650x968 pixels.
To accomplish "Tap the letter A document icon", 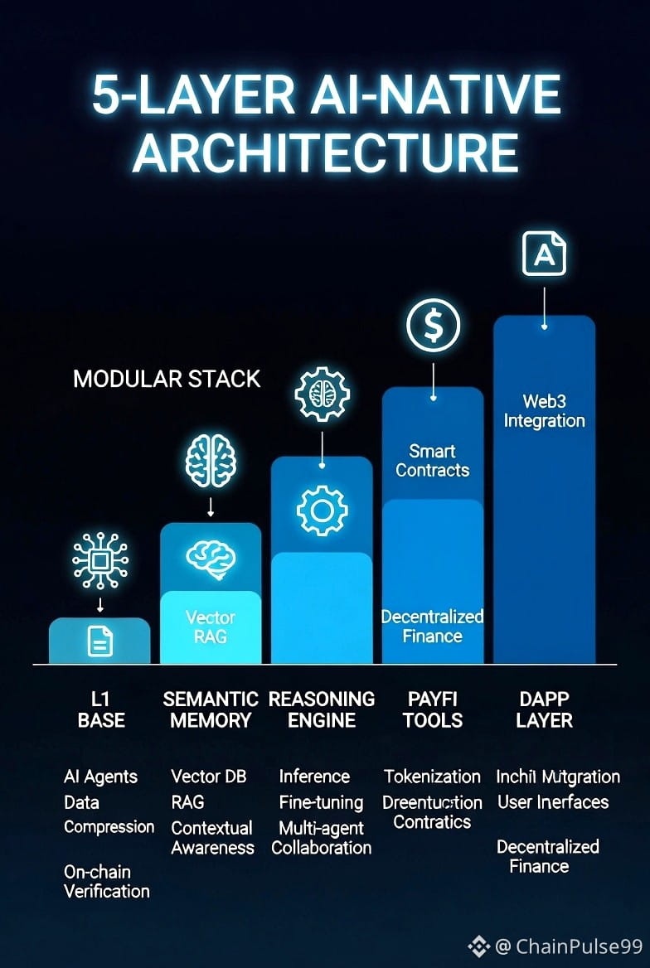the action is pyautogui.click(x=544, y=254).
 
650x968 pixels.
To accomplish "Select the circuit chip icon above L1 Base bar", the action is pyautogui.click(x=100, y=561).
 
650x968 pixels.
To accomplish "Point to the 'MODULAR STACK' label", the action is pyautogui.click(x=167, y=380).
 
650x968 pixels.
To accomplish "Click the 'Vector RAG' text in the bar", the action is pyautogui.click(x=211, y=627).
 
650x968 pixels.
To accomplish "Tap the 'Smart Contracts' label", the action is pyautogui.click(x=432, y=461).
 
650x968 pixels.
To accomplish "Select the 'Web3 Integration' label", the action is pyautogui.click(x=544, y=411).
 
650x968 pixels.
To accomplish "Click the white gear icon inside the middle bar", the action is pyautogui.click(x=322, y=511).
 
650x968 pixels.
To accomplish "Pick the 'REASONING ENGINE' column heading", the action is pyautogui.click(x=322, y=709).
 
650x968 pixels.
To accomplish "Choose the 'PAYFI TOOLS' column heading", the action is pyautogui.click(x=432, y=709).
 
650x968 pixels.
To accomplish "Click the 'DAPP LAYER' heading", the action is pyautogui.click(x=544, y=709).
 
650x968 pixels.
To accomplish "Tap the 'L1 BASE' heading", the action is pyautogui.click(x=101, y=709).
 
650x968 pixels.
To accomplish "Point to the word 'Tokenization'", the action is pyautogui.click(x=432, y=777).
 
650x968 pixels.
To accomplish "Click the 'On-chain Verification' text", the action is pyautogui.click(x=107, y=882).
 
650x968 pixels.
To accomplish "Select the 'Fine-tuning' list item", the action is pyautogui.click(x=322, y=802).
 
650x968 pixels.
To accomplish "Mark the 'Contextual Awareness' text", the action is pyautogui.click(x=212, y=838).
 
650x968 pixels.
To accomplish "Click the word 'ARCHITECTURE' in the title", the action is pyautogui.click(x=326, y=152).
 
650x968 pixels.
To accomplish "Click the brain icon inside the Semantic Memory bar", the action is pyautogui.click(x=211, y=558).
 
